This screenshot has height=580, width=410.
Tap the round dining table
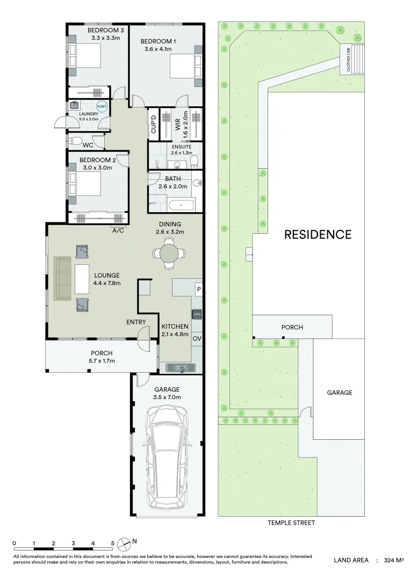(x=169, y=253)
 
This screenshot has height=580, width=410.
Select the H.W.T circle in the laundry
(x=102, y=107)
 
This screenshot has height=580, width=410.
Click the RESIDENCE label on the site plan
(x=318, y=235)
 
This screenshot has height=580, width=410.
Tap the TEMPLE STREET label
(x=291, y=523)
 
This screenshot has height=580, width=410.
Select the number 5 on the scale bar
(x=112, y=543)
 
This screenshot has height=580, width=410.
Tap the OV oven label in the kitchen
(x=197, y=338)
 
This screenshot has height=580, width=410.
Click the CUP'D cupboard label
(x=153, y=125)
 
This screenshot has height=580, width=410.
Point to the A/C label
(x=118, y=231)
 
